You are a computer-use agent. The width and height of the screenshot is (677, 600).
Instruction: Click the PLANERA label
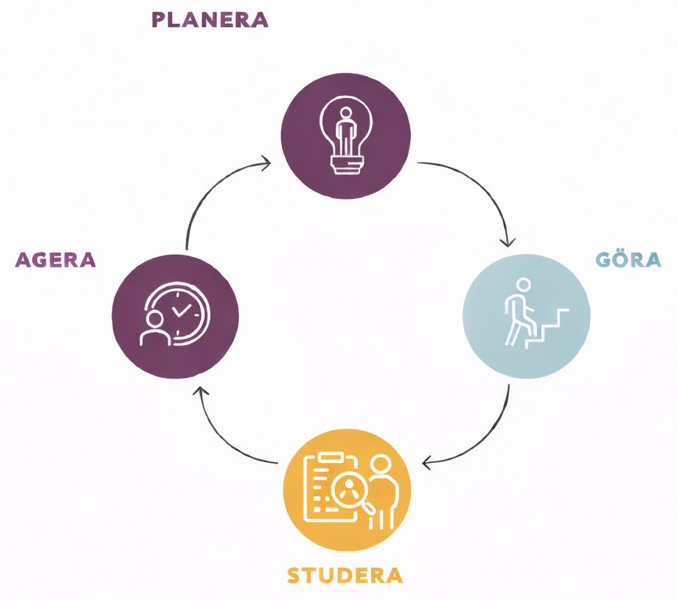pyautogui.click(x=210, y=20)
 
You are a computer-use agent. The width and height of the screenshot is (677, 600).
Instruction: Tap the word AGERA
pyautogui.click(x=55, y=260)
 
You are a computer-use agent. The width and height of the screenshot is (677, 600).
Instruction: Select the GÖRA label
pyautogui.click(x=629, y=259)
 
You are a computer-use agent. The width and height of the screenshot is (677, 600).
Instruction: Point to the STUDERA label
pyautogui.click(x=345, y=576)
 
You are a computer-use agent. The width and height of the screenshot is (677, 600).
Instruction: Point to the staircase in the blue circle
pyautogui.click(x=547, y=329)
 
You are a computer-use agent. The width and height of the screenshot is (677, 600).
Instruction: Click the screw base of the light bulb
pyautogui.click(x=347, y=165)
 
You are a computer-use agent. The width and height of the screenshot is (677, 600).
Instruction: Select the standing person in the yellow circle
pyautogui.click(x=382, y=492)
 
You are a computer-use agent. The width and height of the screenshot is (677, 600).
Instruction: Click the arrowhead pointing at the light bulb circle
pyautogui.click(x=265, y=163)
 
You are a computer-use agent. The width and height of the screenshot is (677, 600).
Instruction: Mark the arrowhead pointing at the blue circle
pyautogui.click(x=508, y=242)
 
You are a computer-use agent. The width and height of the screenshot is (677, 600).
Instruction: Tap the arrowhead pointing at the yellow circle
pyautogui.click(x=428, y=463)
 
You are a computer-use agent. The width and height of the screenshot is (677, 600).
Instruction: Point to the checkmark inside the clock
pyautogui.click(x=181, y=310)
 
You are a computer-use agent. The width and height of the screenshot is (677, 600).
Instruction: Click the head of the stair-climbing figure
pyautogui.click(x=523, y=285)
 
